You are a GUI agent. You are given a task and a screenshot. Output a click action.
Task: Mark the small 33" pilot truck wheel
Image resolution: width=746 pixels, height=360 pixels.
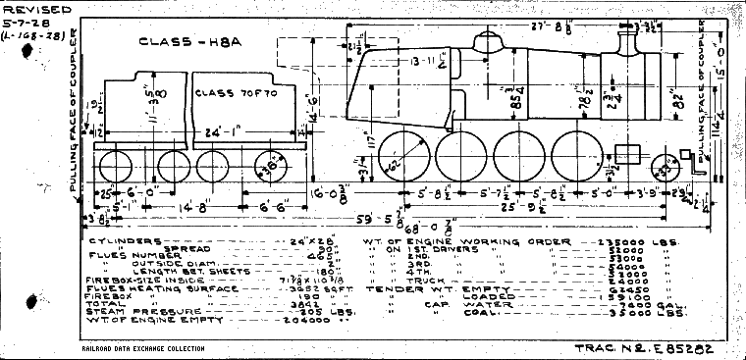pos(668,171)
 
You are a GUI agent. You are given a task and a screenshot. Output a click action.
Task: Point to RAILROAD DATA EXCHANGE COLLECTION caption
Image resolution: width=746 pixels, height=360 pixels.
pos(143,348)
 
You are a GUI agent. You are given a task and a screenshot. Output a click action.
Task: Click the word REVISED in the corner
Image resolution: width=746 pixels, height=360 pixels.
pos(33,9)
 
